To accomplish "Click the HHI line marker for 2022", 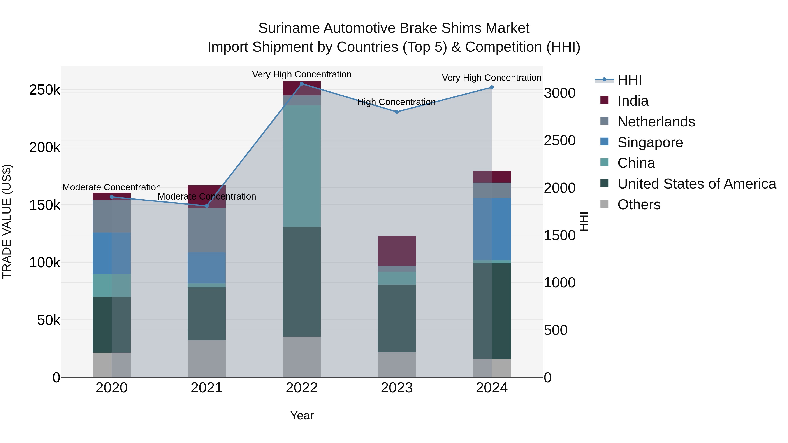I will pyautogui.click(x=302, y=84).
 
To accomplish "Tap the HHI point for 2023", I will pyautogui.click(x=397, y=112).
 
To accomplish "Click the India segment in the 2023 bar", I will pyautogui.click(x=397, y=251).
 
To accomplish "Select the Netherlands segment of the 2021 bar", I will pyautogui.click(x=206, y=230).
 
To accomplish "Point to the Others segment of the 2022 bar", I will pyautogui.click(x=302, y=357).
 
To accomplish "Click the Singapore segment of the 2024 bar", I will pyautogui.click(x=492, y=229).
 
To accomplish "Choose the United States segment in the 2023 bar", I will pyautogui.click(x=397, y=318).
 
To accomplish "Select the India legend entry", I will pyautogui.click(x=633, y=101).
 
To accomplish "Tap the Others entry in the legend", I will pyautogui.click(x=639, y=205).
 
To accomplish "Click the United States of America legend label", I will pyautogui.click(x=697, y=184).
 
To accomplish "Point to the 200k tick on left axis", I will pyautogui.click(x=45, y=148).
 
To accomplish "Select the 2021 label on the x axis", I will pyautogui.click(x=206, y=388).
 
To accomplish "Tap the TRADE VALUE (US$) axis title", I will pyautogui.click(x=7, y=221).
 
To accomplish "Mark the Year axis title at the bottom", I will pyautogui.click(x=302, y=415).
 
